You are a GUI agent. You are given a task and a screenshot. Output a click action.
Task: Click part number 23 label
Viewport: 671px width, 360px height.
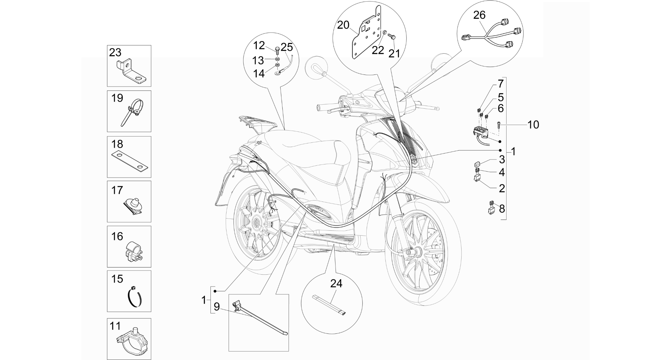pos(115,53)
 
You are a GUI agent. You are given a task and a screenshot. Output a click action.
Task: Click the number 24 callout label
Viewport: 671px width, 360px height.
pos(336,283)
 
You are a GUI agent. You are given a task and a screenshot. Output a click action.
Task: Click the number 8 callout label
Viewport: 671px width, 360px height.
pos(502,209)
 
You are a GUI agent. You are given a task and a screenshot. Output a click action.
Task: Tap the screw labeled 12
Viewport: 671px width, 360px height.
pos(277,50)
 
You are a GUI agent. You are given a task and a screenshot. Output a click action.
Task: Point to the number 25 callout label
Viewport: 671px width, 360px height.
pos(287,47)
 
